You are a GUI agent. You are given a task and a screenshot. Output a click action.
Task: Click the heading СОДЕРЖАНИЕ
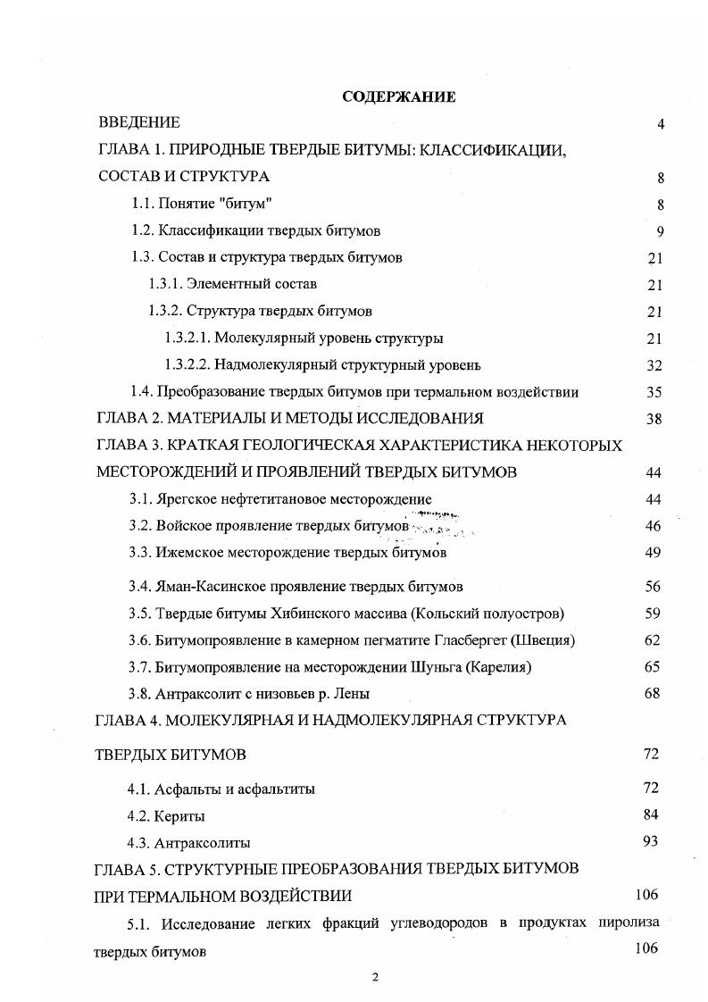click(x=399, y=97)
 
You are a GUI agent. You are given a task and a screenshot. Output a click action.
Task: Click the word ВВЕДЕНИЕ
click(x=139, y=122)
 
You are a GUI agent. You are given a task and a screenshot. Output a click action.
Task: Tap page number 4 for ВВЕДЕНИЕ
click(x=661, y=124)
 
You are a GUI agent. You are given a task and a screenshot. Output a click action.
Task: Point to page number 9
click(x=661, y=231)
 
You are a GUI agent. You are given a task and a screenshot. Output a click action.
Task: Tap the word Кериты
click(x=179, y=816)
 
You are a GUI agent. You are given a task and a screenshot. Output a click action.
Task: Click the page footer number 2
click(x=376, y=976)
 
